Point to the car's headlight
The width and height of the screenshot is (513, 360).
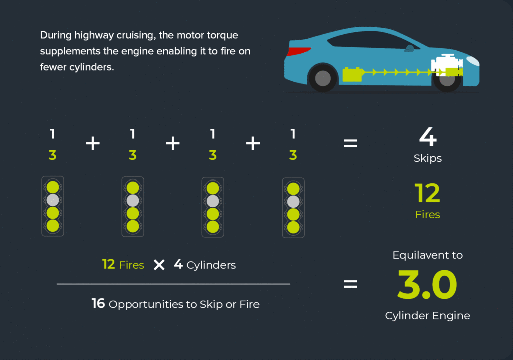(x=473, y=61)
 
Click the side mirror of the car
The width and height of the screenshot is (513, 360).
(x=409, y=49)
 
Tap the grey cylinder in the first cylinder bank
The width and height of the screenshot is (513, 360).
(x=52, y=200)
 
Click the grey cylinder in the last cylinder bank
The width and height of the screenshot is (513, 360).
(x=293, y=202)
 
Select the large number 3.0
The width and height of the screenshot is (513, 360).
(x=427, y=284)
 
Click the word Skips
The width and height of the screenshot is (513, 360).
(x=428, y=158)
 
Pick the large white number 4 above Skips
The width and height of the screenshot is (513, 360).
(x=428, y=136)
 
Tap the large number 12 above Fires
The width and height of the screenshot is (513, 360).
(x=427, y=193)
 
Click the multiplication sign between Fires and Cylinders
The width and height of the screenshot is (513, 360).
(x=159, y=265)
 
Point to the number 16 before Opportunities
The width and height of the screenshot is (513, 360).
(x=98, y=304)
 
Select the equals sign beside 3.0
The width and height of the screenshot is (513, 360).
(x=350, y=284)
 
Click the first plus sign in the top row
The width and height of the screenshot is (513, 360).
(x=93, y=143)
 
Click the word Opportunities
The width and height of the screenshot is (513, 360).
(x=146, y=304)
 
